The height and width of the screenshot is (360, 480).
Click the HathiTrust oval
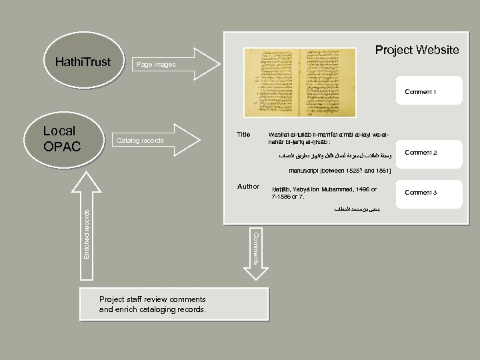83,62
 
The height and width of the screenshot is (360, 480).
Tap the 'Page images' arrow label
155,65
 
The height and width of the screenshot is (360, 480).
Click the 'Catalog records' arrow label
140,141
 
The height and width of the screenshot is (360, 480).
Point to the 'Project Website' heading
417,50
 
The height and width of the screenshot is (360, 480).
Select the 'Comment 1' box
420,92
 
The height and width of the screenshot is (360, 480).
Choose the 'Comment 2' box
420,153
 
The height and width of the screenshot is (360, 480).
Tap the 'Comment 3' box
420,193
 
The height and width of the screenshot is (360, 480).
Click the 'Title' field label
243,135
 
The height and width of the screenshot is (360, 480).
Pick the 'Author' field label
248,187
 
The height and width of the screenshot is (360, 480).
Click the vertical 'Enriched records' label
87,233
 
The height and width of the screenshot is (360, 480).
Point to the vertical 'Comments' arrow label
255,249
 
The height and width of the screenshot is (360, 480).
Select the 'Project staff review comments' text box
173,305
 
